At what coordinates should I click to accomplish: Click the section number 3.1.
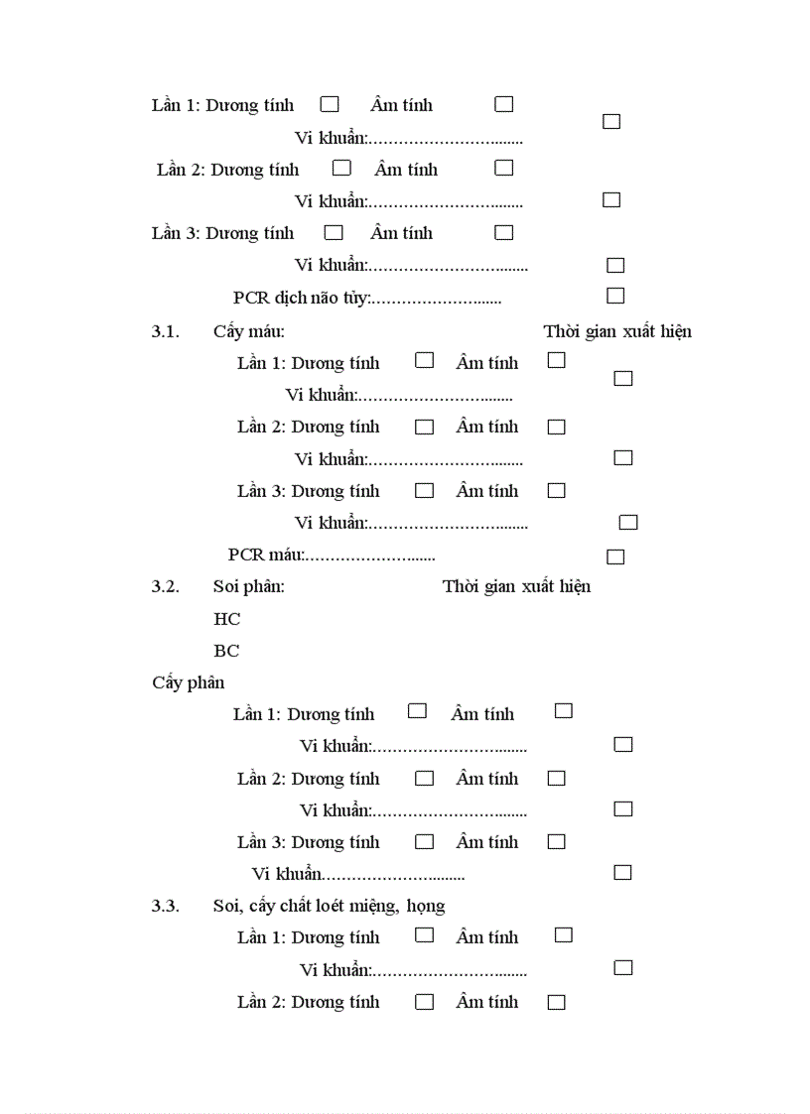coord(165,331)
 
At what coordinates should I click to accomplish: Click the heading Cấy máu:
coord(248,331)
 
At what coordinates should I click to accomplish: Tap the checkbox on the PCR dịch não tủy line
coord(615,296)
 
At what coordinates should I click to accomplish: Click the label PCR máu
coord(265,555)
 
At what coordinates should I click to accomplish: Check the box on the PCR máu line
coord(615,557)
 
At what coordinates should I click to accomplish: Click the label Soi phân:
coord(248,586)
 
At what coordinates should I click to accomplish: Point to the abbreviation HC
coord(226,619)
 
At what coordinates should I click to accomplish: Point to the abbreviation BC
coord(226,651)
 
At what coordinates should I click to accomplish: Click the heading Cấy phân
coord(189,682)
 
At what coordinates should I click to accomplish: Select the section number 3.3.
coord(165,906)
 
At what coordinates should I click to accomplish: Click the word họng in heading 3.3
coord(425,906)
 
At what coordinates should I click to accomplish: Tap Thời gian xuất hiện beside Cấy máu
coord(617,331)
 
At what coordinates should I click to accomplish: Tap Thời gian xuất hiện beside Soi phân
coord(516,586)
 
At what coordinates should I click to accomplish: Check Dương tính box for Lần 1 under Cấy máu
coord(424,360)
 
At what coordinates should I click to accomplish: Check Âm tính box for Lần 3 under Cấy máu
coord(556,490)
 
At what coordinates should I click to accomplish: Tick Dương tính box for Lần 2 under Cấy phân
coord(424,778)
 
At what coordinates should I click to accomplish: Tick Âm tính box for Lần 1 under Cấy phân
coord(563,710)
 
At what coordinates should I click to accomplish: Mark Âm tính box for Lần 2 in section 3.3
coord(556,1002)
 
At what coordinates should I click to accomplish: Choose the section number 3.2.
coord(165,586)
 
